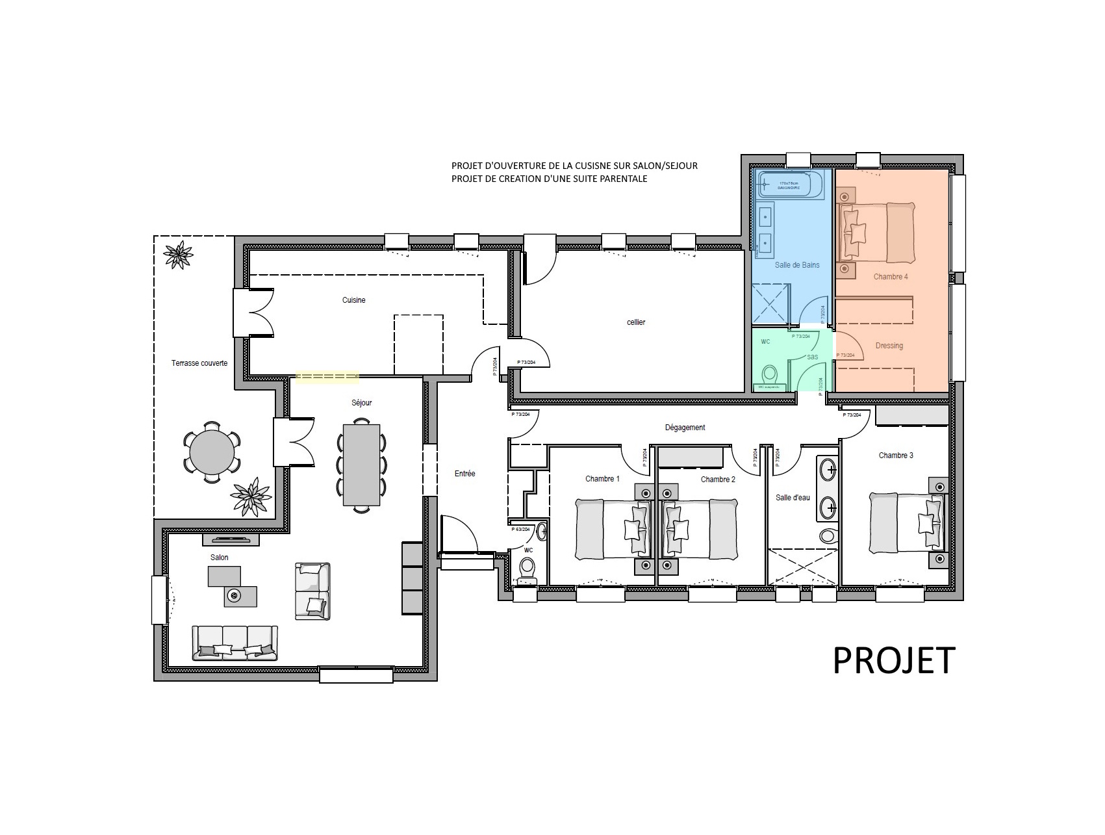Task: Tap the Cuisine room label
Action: (353, 300)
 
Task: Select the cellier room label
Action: (636, 322)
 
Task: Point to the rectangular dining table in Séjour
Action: (361, 464)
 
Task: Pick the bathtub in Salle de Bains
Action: (790, 184)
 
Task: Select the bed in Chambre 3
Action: (906, 522)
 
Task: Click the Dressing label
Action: (889, 346)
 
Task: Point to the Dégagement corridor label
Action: (685, 428)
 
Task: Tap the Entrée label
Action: (464, 474)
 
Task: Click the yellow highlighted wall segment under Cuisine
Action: (327, 377)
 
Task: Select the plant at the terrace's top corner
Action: (177, 254)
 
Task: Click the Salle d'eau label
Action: (793, 498)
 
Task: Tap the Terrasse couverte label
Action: (199, 363)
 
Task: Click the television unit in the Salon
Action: (231, 539)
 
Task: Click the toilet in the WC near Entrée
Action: (527, 569)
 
